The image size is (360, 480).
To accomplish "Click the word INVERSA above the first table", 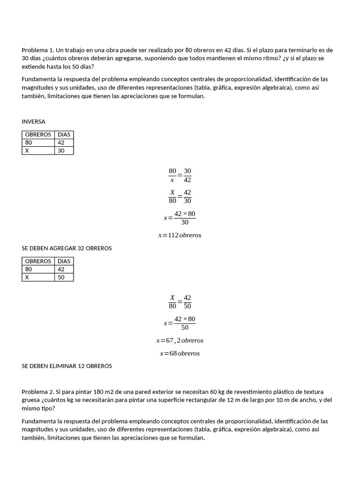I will point(33,121).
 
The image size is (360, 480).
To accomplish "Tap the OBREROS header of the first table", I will point(38,135).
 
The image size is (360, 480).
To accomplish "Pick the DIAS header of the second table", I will point(64,261).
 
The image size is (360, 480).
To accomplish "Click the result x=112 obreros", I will point(180,235).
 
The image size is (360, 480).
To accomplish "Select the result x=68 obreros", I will point(180,353).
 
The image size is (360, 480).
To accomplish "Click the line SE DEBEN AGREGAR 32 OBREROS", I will point(67,248).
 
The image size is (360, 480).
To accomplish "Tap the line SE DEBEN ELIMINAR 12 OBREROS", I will point(67,366).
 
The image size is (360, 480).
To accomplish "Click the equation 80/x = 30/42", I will point(180,175).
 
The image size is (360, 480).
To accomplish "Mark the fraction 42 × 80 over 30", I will point(185,218).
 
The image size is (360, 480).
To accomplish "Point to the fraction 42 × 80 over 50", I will point(185,323).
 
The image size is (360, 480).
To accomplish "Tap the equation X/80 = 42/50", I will point(180,302).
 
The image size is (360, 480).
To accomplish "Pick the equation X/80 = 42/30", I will point(180,196).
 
